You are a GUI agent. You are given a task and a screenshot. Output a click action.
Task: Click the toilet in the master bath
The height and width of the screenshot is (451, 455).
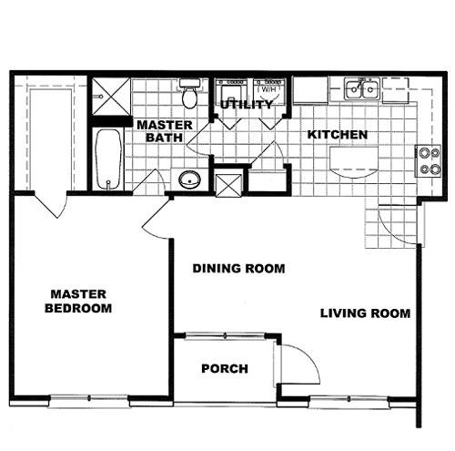pyautogui.click(x=189, y=93)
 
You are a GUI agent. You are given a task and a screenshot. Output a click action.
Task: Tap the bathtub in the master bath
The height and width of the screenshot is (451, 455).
pyautogui.click(x=108, y=159)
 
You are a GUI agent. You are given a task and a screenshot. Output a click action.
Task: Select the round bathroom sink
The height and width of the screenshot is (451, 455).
pyautogui.click(x=189, y=179)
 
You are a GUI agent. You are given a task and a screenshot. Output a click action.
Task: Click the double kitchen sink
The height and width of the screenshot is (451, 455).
pyautogui.click(x=362, y=88)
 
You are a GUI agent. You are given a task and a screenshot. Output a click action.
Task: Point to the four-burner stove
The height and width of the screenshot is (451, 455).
pyautogui.click(x=428, y=160)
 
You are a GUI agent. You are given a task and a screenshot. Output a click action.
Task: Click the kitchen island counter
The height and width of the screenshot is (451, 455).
pyautogui.click(x=354, y=162)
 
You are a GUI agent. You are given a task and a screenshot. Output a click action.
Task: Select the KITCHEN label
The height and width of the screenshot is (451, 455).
pyautogui.click(x=338, y=135)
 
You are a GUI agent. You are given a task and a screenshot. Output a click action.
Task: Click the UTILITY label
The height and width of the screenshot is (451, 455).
pyautogui.click(x=247, y=105)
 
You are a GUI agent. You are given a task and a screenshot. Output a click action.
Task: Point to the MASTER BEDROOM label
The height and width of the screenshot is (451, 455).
pyautogui.click(x=78, y=301)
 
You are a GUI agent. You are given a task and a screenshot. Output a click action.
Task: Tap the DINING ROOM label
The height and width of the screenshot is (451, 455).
pyautogui.click(x=238, y=269)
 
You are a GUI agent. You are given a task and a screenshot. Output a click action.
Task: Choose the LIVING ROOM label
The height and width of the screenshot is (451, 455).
pyautogui.click(x=366, y=313)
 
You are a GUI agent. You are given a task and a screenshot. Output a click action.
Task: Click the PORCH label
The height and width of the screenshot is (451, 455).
pyautogui.click(x=225, y=369)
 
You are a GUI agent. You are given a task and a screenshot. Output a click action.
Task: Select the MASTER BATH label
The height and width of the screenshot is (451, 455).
pyautogui.click(x=165, y=131)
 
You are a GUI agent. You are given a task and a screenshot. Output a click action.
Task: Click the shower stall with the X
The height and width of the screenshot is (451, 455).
pyautogui.click(x=111, y=97)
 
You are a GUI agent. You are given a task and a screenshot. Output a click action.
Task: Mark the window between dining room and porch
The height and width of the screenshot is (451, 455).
pyautogui.click(x=225, y=336)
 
